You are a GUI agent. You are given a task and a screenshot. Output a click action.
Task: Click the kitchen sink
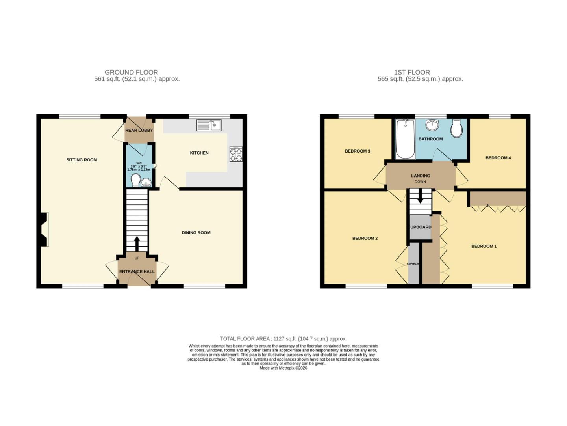click(209, 125)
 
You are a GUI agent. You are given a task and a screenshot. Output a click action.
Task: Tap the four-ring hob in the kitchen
click(236, 154)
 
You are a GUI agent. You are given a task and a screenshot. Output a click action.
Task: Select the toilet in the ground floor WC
click(135, 181)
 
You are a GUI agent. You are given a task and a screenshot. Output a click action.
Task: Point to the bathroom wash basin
click(432, 125)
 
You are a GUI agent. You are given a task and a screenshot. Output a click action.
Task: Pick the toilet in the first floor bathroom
click(457, 129)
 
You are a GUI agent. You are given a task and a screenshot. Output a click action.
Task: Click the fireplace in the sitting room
click(44, 229)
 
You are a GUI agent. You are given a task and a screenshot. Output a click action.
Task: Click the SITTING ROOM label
click(82, 160)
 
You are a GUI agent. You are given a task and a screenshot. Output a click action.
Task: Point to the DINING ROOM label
click(196, 232)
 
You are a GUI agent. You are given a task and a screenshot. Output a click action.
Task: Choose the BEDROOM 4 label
click(498, 158)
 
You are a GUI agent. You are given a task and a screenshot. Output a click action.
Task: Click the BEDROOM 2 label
click(365, 238)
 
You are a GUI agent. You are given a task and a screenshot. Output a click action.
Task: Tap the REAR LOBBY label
click(139, 130)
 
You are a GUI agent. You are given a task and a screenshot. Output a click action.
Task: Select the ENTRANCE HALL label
click(137, 271)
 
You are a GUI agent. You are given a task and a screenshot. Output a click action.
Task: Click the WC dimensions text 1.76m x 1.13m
click(139, 170)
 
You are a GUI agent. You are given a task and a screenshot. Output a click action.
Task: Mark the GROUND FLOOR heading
click(131, 72)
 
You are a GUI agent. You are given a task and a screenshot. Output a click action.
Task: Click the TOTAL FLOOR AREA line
click(283, 338)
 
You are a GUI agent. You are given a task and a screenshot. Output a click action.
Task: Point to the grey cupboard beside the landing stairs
click(420, 227)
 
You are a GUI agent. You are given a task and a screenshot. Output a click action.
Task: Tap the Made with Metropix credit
click(283, 368)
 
